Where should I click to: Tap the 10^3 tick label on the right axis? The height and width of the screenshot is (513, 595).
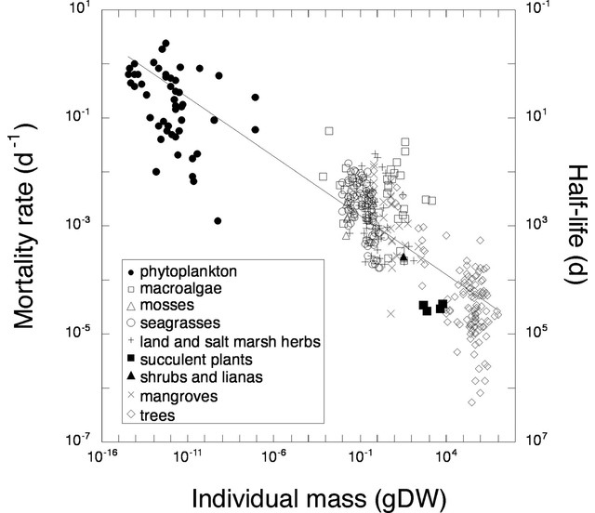click(539, 225)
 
